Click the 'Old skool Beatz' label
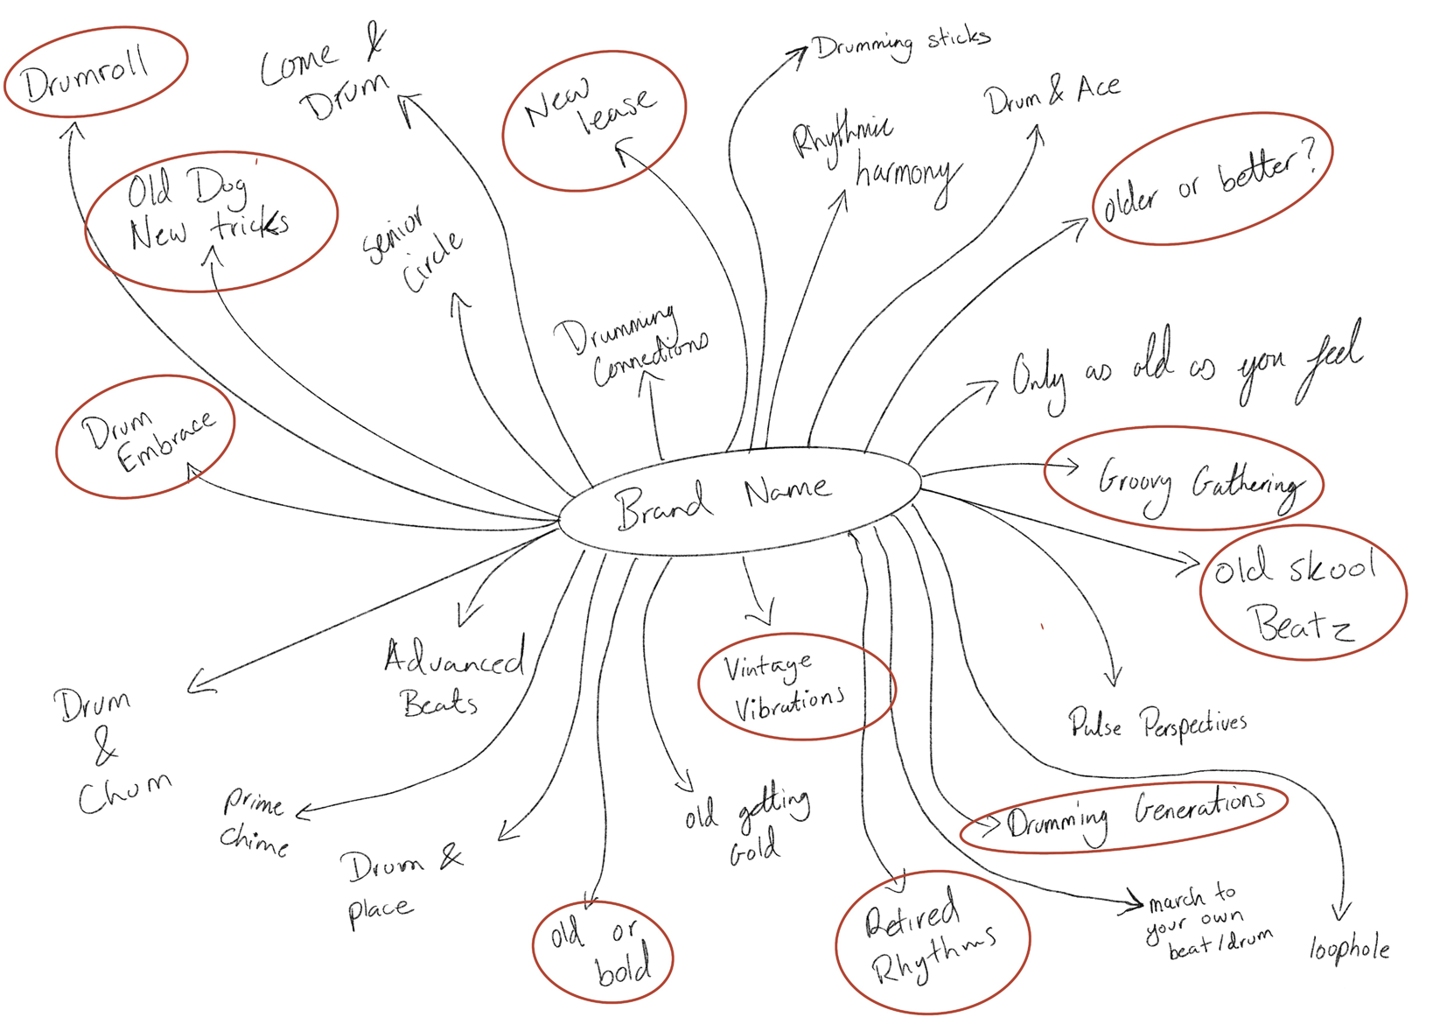click(1300, 595)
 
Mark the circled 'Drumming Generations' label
click(1134, 814)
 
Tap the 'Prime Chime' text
click(254, 821)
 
